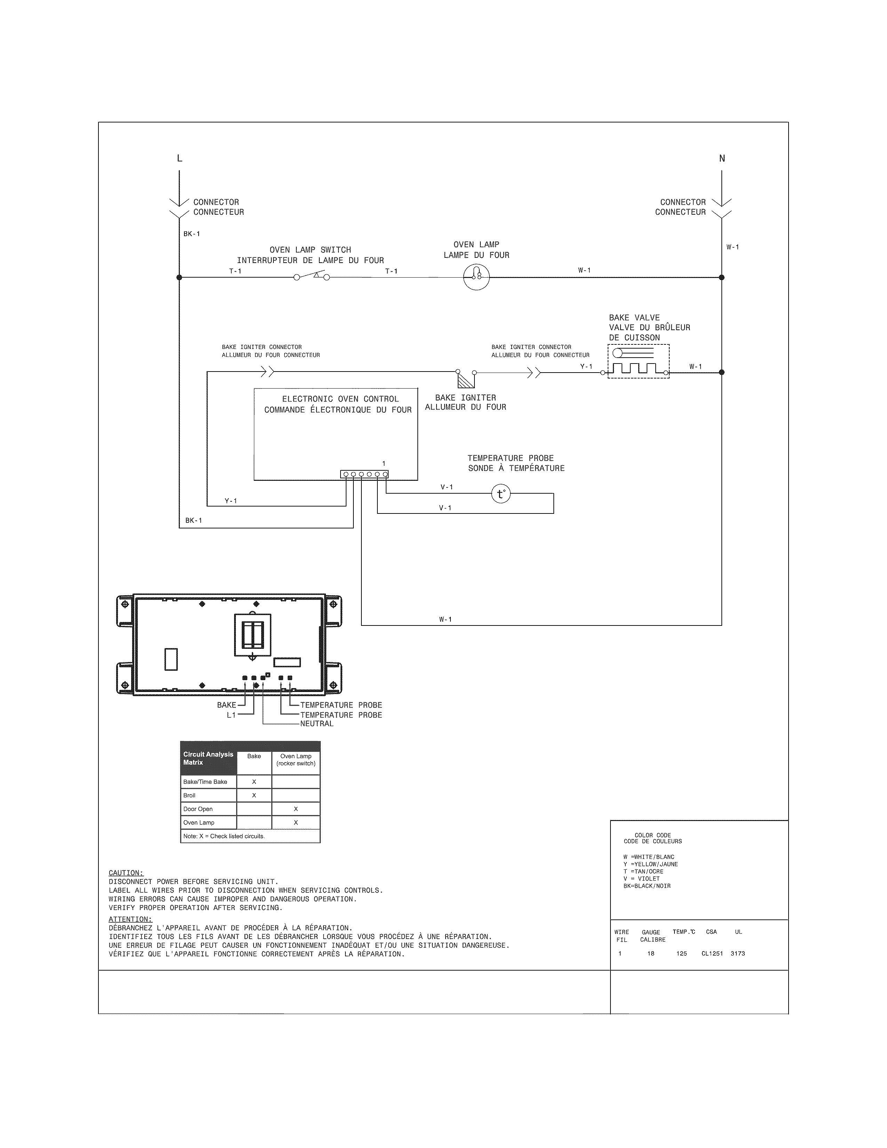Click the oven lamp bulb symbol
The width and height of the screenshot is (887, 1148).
[x=476, y=277]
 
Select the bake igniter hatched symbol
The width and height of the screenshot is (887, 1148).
[x=465, y=380]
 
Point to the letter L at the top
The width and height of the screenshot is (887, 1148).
[x=180, y=158]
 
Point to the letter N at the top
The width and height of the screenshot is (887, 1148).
[x=722, y=158]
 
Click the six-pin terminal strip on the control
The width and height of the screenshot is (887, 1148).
[x=365, y=474]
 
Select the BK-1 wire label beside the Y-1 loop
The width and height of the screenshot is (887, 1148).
[x=193, y=520]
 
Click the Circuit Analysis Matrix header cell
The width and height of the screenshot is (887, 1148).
[x=208, y=758]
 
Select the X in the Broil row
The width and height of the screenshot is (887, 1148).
[x=254, y=795]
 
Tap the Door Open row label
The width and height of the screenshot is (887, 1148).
[x=198, y=809]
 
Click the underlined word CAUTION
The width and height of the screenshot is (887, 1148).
[x=126, y=873]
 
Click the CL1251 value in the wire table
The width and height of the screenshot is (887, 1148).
[x=712, y=954]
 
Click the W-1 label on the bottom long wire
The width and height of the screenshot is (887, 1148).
[x=446, y=620]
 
